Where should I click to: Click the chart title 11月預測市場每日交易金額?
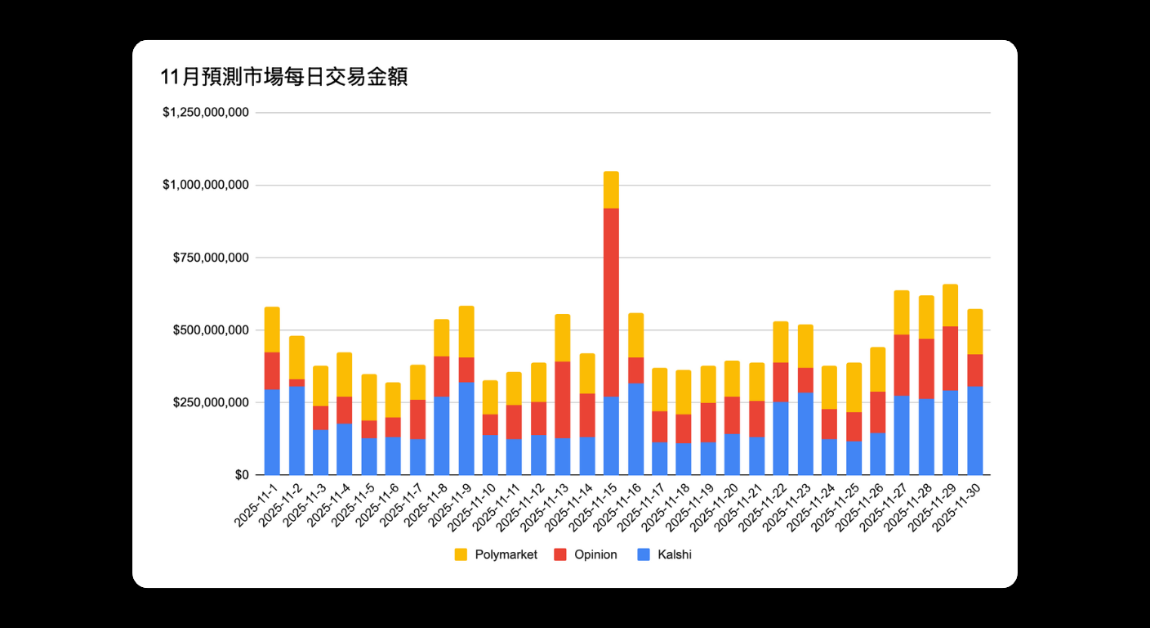284,78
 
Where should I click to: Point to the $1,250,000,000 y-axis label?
205,113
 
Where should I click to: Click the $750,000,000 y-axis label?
211,258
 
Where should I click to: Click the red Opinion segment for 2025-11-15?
611,303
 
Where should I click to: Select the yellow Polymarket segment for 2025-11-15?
611,190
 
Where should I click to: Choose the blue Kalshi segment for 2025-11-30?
974,431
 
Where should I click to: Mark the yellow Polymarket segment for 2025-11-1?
272,330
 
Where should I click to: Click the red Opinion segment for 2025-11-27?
902,365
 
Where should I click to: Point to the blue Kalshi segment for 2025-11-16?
635,429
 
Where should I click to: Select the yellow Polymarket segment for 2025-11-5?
369,397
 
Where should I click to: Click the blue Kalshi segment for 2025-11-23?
805,433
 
